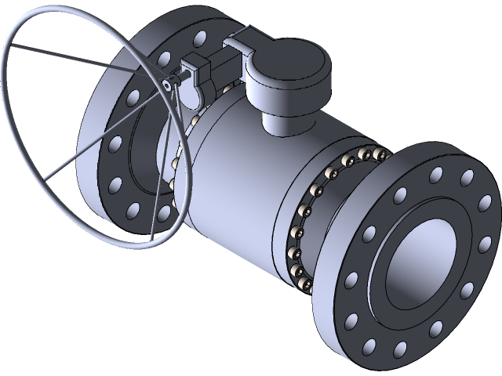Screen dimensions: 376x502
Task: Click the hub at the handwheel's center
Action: (x=167, y=84)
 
